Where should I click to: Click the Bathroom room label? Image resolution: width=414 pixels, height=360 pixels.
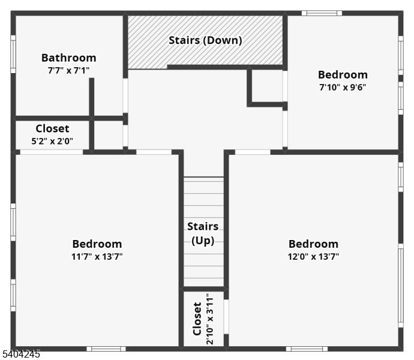pyautogui.click(x=68, y=58)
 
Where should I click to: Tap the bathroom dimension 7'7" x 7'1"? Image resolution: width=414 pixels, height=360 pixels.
pyautogui.click(x=68, y=71)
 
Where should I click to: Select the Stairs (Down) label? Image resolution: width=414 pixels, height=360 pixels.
pyautogui.click(x=205, y=40)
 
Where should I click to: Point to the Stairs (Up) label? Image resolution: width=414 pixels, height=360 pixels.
pyautogui.click(x=203, y=233)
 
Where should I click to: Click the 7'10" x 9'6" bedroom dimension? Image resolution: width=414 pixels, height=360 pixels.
pyautogui.click(x=343, y=87)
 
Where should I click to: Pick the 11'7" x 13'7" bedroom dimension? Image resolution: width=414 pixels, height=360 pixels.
pyautogui.click(x=97, y=256)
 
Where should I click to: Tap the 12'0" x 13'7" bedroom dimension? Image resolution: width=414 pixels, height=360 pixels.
pyautogui.click(x=313, y=256)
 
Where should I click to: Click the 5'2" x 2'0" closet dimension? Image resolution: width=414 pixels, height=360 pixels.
pyautogui.click(x=52, y=141)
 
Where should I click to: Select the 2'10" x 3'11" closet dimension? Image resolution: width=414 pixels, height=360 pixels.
pyautogui.click(x=209, y=319)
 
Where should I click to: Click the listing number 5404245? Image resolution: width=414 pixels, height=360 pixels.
pyautogui.click(x=20, y=354)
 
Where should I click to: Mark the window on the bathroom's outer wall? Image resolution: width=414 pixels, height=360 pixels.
pyautogui.click(x=13, y=54)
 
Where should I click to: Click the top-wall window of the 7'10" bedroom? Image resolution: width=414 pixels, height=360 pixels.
pyautogui.click(x=322, y=13)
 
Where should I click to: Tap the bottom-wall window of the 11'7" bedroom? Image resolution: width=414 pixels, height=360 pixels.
pyautogui.click(x=106, y=349)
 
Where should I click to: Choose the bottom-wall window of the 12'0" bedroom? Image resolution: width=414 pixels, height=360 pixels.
pyautogui.click(x=307, y=349)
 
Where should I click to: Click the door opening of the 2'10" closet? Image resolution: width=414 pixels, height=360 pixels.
pyautogui.click(x=226, y=317)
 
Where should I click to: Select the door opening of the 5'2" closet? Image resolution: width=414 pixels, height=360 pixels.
pyautogui.click(x=52, y=152)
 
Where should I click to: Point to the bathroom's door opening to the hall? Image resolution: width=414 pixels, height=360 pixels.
pyautogui.click(x=125, y=95)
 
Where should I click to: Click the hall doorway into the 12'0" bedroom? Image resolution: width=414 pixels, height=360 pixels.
pyautogui.click(x=253, y=152)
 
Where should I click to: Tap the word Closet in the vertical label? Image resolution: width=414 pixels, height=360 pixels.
pyautogui.click(x=197, y=319)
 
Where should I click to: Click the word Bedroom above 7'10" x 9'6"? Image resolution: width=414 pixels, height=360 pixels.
pyautogui.click(x=343, y=75)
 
